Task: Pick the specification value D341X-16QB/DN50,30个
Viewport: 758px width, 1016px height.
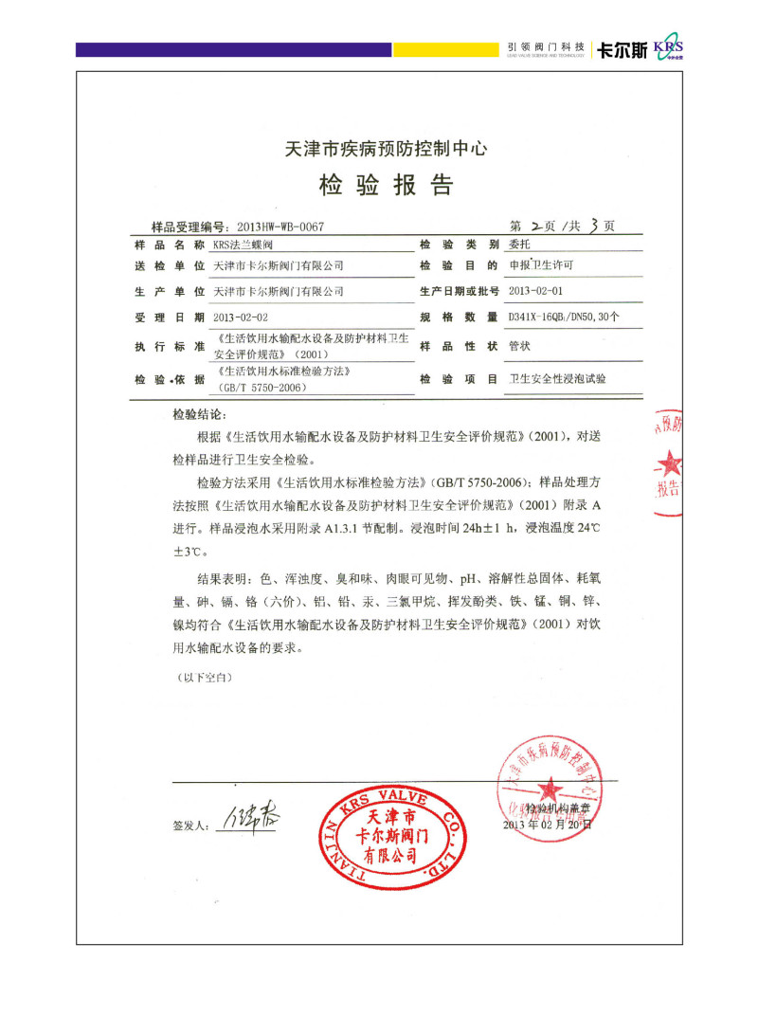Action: [564, 317]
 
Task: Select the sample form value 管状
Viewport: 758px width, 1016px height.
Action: [519, 346]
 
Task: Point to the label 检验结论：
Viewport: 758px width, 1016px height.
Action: [200, 415]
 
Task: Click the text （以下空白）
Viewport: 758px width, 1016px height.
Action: [203, 679]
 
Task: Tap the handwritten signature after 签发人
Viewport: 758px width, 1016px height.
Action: [250, 817]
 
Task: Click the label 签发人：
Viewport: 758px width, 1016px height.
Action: [189, 826]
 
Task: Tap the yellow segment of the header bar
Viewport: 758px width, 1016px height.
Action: [444, 49]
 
